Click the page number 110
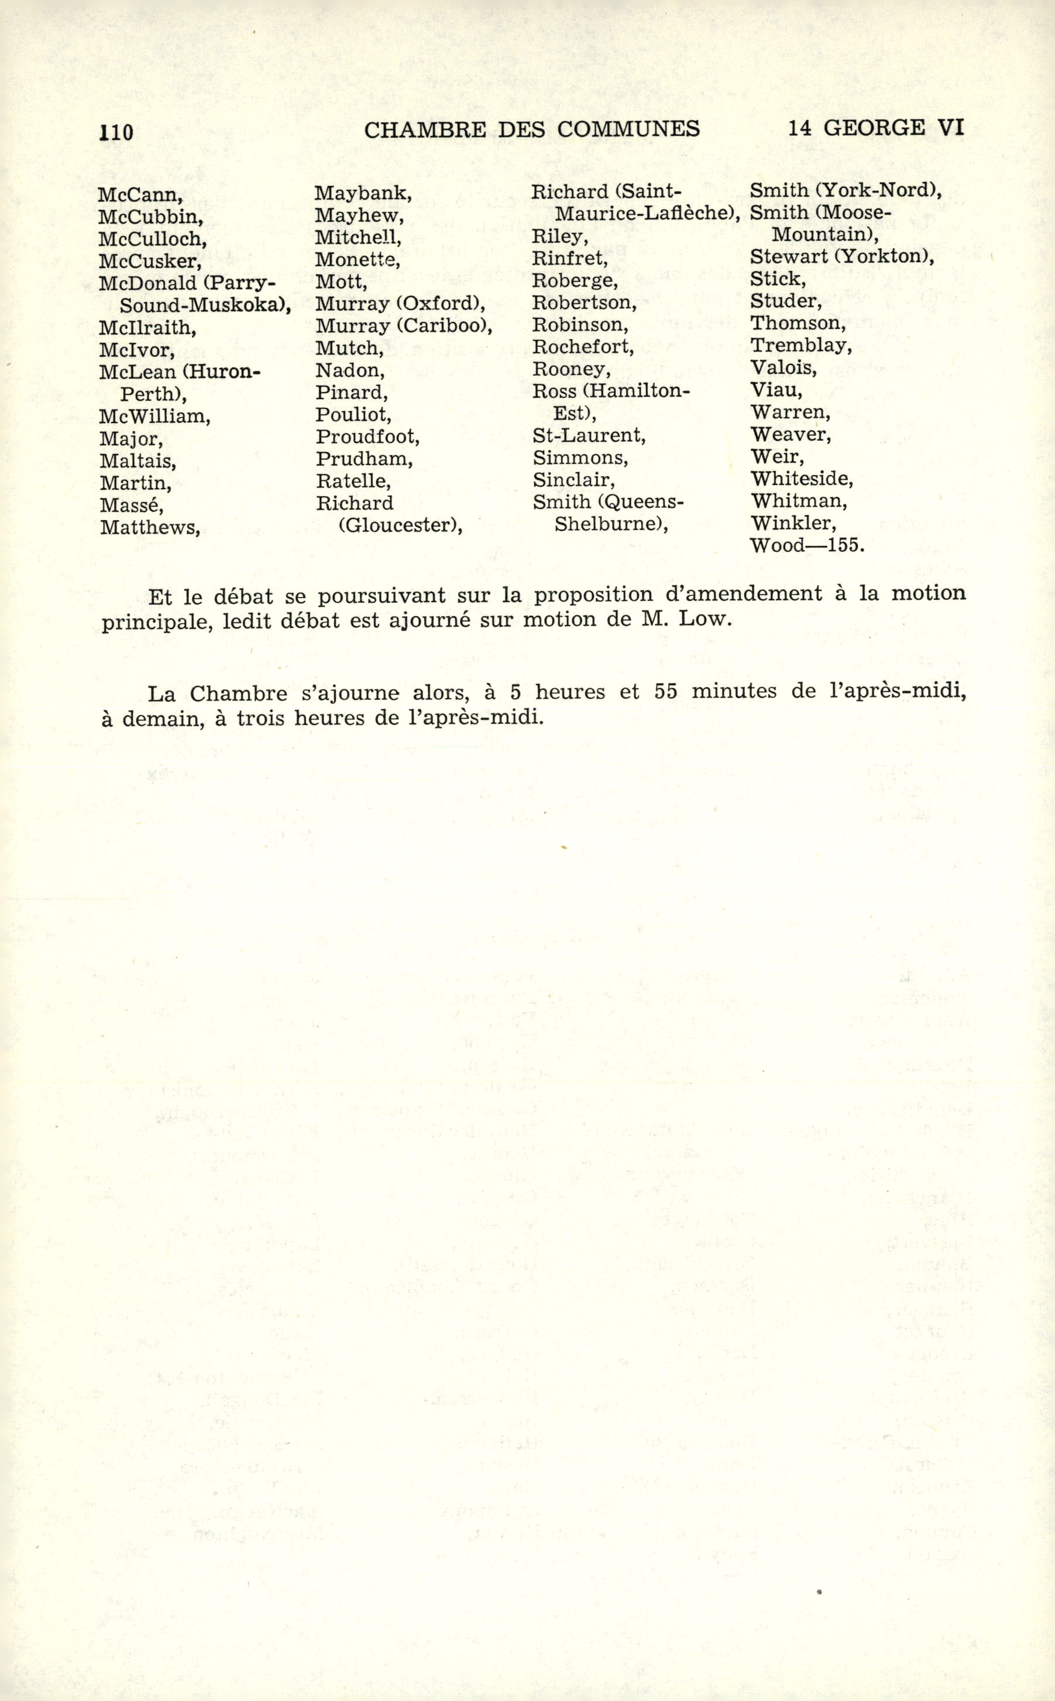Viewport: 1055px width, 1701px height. [116, 131]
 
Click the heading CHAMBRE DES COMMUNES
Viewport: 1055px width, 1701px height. [532, 129]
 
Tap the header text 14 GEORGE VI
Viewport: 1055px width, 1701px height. [876, 128]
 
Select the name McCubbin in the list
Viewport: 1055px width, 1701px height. [151, 217]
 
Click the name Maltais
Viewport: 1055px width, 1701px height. [138, 461]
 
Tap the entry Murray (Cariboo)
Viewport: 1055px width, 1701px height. [404, 326]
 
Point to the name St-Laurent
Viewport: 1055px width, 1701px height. [589, 435]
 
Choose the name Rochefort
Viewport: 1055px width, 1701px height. [583, 347]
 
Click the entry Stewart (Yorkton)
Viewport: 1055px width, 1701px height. [842, 256]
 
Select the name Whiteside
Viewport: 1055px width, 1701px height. [802, 479]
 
